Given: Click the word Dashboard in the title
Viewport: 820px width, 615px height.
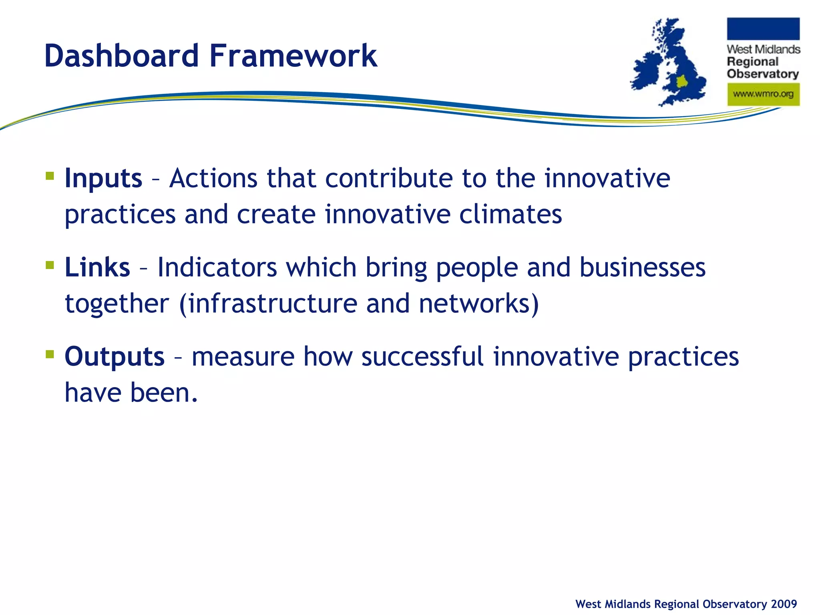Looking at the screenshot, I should click(x=121, y=56).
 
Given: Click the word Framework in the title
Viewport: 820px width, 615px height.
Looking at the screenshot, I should click(x=293, y=56).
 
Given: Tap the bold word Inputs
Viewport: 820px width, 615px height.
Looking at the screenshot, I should click(x=103, y=178).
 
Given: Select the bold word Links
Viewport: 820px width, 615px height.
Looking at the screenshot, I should click(x=97, y=267).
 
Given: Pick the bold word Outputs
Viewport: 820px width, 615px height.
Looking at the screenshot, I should click(x=115, y=356).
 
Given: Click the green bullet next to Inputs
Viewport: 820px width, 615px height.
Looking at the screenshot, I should click(x=50, y=176).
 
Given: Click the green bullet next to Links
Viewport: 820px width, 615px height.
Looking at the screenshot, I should click(x=50, y=265).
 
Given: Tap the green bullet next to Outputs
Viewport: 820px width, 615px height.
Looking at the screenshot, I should click(x=50, y=354).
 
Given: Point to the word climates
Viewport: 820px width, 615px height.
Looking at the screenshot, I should click(x=510, y=214).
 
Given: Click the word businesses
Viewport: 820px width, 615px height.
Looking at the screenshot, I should click(x=642, y=267).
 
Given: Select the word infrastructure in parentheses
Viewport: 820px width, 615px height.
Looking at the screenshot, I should click(x=272, y=303).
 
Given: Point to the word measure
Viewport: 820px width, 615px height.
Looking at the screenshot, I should click(x=243, y=356).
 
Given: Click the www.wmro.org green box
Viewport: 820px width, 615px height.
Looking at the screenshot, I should click(x=763, y=94).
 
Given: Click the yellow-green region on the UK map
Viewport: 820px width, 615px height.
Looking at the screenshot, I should click(x=682, y=82).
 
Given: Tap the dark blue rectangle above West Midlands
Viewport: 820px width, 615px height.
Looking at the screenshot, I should click(x=763, y=29).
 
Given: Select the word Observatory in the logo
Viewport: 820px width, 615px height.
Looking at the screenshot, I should click(x=762, y=74).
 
